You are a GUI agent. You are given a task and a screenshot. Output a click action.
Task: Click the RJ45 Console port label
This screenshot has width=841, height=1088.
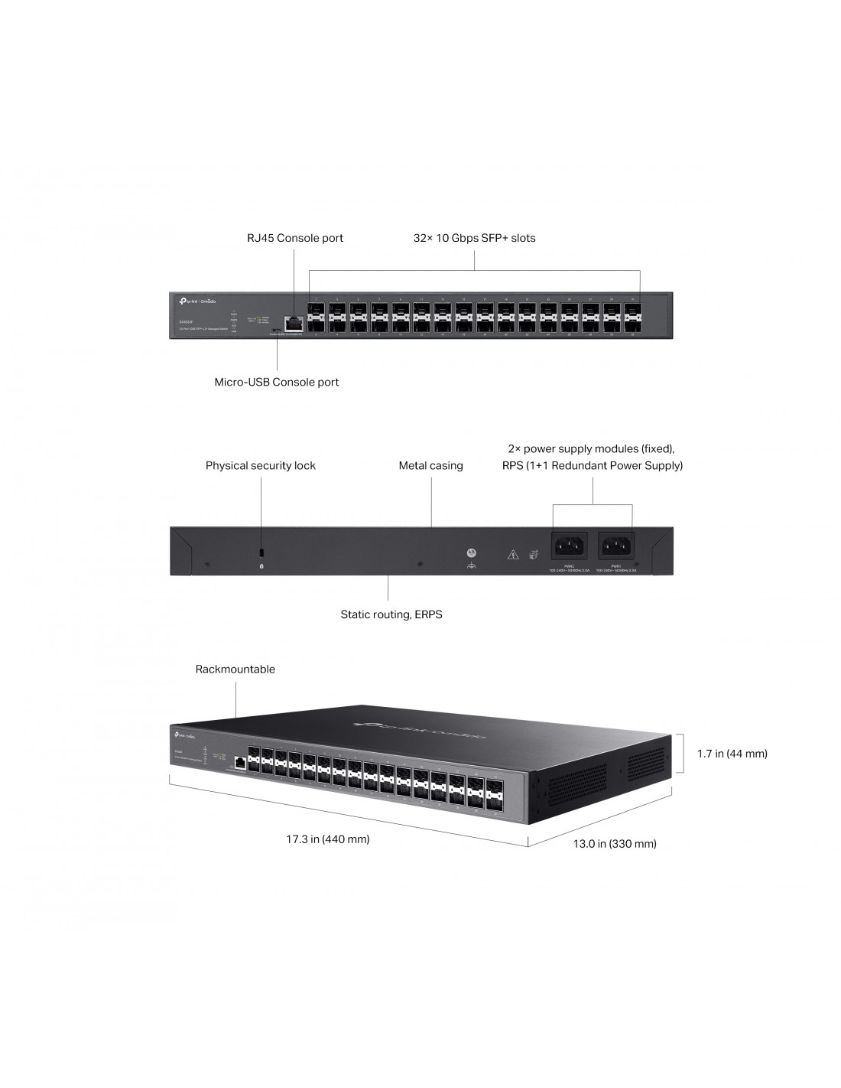(x=294, y=238)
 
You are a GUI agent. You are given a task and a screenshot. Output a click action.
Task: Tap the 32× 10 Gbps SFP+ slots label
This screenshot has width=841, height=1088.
(x=474, y=238)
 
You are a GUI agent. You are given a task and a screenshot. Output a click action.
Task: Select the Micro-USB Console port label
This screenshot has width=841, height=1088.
(x=276, y=382)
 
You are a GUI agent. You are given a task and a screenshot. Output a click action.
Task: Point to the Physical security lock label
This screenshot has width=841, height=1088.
(x=260, y=465)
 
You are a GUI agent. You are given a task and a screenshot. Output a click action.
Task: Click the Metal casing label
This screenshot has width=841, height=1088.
(x=430, y=465)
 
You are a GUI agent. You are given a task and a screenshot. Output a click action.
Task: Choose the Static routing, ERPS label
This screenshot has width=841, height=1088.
(x=391, y=614)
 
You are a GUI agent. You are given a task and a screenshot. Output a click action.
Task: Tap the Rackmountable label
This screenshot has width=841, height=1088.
(x=235, y=669)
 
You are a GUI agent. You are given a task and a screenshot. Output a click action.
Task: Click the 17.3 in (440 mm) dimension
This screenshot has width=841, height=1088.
(x=327, y=839)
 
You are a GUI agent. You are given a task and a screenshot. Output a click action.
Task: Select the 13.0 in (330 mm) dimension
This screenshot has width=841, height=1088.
(x=615, y=843)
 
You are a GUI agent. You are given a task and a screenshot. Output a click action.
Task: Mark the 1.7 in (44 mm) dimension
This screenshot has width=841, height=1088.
(x=732, y=754)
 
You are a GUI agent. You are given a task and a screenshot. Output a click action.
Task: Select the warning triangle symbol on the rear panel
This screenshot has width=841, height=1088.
(x=512, y=554)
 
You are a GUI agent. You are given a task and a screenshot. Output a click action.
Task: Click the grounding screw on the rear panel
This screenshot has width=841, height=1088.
(x=471, y=552)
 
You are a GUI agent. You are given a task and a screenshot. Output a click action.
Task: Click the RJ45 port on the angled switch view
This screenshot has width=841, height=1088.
(x=240, y=762)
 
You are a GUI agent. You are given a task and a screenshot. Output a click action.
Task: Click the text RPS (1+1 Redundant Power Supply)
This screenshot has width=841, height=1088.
(x=593, y=465)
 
